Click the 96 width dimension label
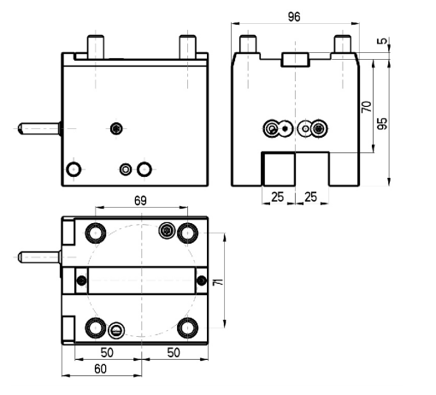294,17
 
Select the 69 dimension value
140,201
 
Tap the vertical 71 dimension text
218,282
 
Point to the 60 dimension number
100,369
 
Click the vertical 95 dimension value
382,123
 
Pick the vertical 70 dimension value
367,107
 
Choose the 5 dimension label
382,41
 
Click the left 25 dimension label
278,197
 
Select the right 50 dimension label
174,352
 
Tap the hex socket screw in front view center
116,128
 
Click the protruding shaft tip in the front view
21,128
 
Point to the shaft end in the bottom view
21,257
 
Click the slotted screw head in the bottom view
116,330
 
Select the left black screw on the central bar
82,280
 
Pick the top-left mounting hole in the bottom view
96,233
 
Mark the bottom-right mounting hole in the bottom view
187,327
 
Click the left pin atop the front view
96,47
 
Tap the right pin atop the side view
343,44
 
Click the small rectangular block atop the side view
295,60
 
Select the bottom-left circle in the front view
74,169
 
